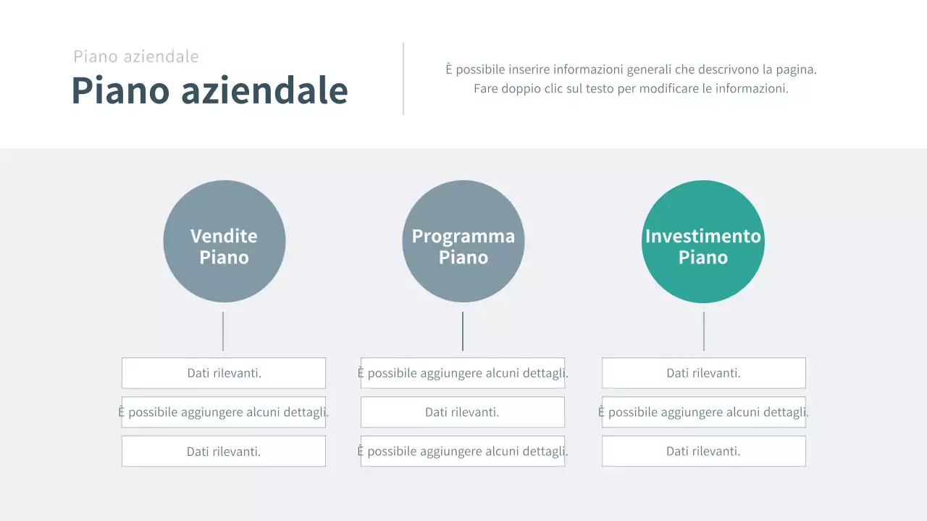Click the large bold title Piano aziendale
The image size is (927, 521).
tap(209, 90)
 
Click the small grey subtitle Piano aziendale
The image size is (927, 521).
tap(136, 56)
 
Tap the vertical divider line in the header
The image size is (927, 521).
tap(403, 79)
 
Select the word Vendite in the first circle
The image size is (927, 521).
tap(224, 236)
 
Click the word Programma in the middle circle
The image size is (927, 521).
tap(463, 236)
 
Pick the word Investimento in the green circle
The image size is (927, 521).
tap(702, 236)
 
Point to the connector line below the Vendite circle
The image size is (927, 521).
tap(223, 331)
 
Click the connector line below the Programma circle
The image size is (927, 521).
tap(463, 331)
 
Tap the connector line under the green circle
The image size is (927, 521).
tap(704, 331)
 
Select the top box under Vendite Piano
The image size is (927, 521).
tap(224, 373)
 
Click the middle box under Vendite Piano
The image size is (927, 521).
tap(224, 412)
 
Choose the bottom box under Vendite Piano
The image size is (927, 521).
tap(224, 452)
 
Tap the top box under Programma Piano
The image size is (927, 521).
tap(463, 373)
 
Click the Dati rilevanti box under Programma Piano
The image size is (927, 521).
tap(463, 412)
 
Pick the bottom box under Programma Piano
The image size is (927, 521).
tap(463, 452)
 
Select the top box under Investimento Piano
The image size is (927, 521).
tap(703, 373)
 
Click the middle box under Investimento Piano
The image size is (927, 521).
tap(703, 412)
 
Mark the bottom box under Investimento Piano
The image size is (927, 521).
tap(703, 452)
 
